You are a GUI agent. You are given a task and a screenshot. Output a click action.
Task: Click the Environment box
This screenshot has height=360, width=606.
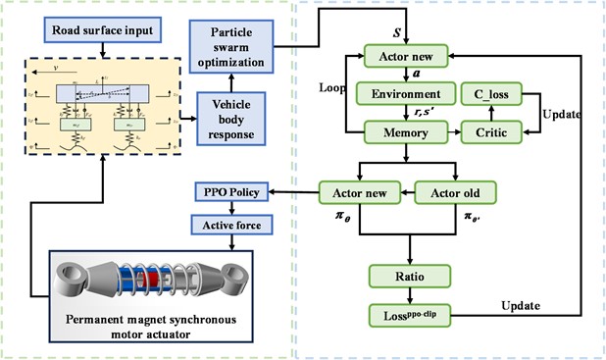(x=406, y=94)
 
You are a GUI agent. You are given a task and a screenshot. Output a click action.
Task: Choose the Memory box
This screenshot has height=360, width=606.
(x=406, y=130)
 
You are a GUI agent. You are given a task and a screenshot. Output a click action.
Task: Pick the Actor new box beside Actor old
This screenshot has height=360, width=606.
(x=358, y=192)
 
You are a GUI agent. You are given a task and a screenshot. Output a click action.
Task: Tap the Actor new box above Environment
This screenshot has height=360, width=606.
(x=406, y=57)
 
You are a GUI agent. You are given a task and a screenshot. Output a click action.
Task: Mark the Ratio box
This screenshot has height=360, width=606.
(x=406, y=276)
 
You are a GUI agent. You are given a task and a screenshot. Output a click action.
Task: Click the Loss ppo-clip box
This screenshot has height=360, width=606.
(x=406, y=315)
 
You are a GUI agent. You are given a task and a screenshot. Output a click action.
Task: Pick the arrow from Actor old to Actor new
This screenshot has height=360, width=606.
(x=406, y=192)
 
